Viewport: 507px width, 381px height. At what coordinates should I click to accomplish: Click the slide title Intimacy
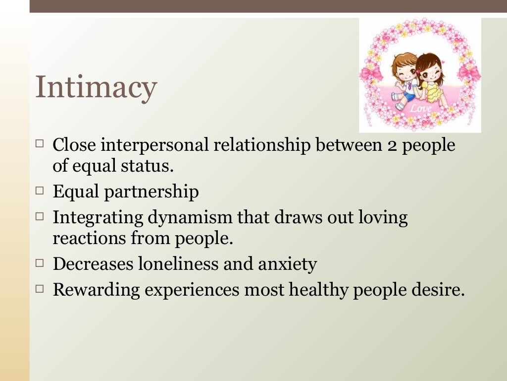pos(96,87)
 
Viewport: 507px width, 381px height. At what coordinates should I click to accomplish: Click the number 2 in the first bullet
pos(390,145)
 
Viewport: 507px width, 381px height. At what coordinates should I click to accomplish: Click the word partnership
pos(152,191)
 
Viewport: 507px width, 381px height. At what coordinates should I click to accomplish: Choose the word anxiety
pos(288,264)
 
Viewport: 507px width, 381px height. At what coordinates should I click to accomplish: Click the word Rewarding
pos(96,290)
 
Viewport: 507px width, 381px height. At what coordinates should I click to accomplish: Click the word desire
pos(440,290)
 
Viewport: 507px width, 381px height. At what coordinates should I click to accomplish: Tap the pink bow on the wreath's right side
pos(469,73)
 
